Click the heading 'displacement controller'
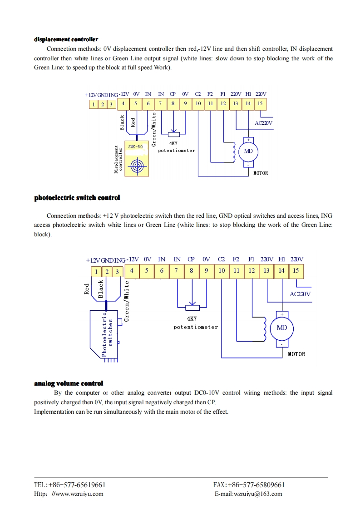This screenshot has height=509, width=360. coord(66,39)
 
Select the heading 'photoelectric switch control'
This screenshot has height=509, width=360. coord(77,198)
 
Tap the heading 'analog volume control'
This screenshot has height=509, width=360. coord(69,383)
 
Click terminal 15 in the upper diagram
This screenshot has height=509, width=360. coord(260,103)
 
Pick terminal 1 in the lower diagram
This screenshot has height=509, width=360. coord(96,272)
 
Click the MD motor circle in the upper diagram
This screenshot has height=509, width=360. coord(248,151)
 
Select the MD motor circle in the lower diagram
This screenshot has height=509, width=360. coord(281,328)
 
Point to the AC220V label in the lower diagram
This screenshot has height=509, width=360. coord(300,294)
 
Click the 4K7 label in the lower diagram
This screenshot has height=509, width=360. coord(192,318)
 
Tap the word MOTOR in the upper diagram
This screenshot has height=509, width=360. coord(261,173)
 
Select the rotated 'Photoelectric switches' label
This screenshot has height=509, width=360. coord(107,333)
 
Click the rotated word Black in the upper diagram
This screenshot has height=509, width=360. coord(122,122)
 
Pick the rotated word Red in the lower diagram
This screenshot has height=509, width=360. coord(87,289)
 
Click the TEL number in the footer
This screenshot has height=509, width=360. coord(70,485)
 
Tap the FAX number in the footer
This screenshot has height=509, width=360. coord(249,485)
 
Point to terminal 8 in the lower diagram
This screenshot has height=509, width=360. coord(192,271)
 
